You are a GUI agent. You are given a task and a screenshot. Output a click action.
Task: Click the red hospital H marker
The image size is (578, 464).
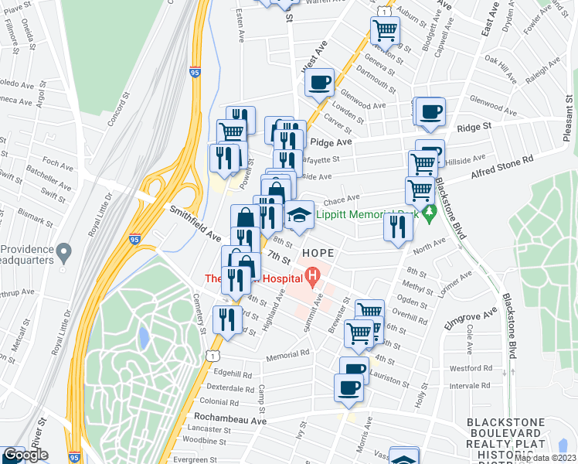(312, 275)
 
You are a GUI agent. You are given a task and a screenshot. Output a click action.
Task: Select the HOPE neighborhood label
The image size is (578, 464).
(318, 253)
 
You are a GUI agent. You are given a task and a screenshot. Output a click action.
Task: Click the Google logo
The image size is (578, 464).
(25, 455)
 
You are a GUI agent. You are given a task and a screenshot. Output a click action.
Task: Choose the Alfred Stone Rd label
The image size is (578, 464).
(503, 168)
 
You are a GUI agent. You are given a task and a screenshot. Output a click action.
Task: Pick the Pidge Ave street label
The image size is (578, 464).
(331, 142)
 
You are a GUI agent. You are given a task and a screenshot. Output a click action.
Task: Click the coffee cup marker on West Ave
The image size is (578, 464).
(319, 83)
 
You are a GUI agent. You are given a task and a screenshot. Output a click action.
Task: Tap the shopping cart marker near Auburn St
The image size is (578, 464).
(385, 31)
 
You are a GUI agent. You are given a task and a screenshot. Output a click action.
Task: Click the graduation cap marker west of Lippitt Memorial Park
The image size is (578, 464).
(298, 216)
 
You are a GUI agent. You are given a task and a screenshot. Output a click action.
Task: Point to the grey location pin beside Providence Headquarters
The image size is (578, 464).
(64, 252)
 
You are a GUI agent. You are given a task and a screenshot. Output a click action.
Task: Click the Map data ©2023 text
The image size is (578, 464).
(544, 458)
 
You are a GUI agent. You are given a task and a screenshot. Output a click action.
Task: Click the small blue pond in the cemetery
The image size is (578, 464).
(144, 337)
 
